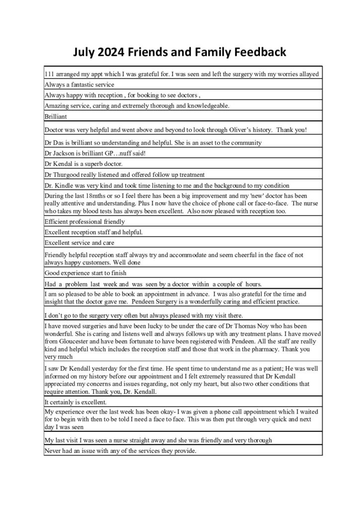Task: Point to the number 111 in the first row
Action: tap(49, 74)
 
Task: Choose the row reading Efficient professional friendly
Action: tap(85, 221)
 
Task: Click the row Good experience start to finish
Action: tap(85, 273)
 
